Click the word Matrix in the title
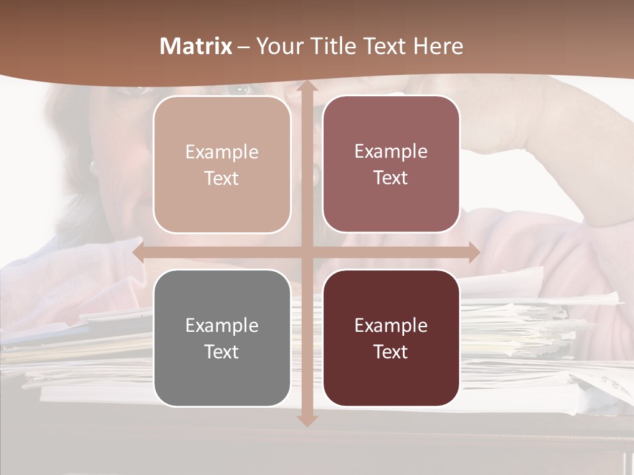tap(196, 46)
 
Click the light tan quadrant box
tap(222, 164)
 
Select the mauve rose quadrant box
tap(391, 164)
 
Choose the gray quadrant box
tap(222, 338)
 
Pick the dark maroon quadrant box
tap(391, 338)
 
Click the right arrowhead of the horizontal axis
tap(474, 252)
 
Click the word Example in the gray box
tap(222, 325)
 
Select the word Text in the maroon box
tap(391, 352)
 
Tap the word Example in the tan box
tap(222, 152)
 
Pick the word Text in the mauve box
tap(391, 178)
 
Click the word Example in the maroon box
tap(391, 325)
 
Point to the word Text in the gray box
tap(222, 352)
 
